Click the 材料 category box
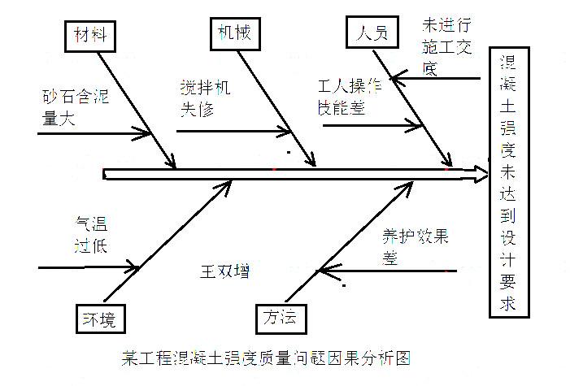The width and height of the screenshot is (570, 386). click(x=89, y=34)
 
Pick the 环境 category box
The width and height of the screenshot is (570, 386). click(x=96, y=318)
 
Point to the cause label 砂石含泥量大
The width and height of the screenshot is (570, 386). click(x=76, y=105)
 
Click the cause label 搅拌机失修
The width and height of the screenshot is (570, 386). click(x=205, y=98)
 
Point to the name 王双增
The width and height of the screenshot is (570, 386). click(x=224, y=271)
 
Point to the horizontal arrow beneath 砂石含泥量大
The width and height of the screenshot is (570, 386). click(x=89, y=131)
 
